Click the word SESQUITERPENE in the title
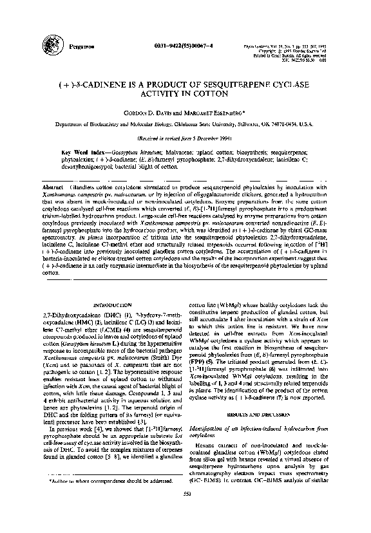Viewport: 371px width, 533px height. [x=235, y=84]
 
